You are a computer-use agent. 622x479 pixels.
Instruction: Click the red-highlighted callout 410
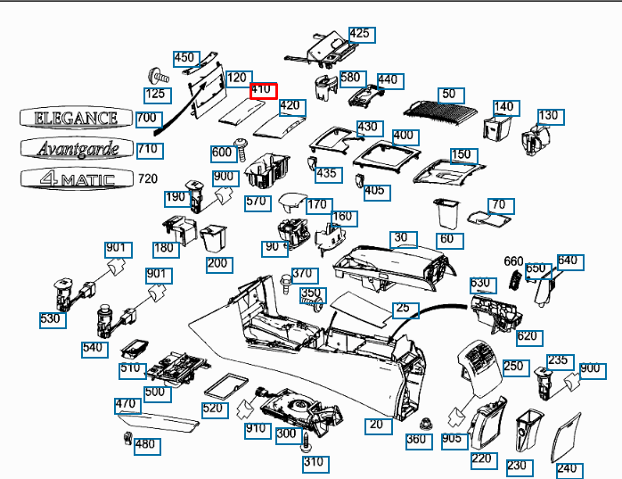click(x=264, y=91)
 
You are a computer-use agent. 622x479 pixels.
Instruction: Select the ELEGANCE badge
click(x=76, y=118)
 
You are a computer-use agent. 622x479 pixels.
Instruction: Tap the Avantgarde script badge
click(x=77, y=148)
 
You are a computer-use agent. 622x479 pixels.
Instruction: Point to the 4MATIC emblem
click(x=77, y=178)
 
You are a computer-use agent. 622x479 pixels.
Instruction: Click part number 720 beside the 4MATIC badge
click(x=148, y=178)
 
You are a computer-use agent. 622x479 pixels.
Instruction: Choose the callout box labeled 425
click(x=362, y=35)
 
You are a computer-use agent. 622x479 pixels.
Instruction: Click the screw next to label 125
click(x=159, y=76)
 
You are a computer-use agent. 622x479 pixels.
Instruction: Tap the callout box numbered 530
click(x=53, y=320)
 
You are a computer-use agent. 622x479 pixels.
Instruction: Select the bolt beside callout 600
click(x=241, y=149)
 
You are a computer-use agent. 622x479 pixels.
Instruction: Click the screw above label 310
click(x=306, y=442)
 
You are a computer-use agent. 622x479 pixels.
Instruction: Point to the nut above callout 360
click(x=426, y=424)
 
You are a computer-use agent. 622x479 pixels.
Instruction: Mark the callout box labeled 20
click(x=379, y=426)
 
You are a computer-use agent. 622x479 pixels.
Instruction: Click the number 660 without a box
click(x=513, y=261)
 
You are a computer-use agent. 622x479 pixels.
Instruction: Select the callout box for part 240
click(x=569, y=471)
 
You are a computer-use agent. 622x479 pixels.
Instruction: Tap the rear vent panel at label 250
click(x=479, y=368)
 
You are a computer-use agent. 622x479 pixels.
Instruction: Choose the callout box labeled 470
click(x=127, y=406)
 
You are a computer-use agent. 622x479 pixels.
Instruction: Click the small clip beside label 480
click(x=127, y=438)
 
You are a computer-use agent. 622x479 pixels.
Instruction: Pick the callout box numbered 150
click(x=464, y=156)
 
